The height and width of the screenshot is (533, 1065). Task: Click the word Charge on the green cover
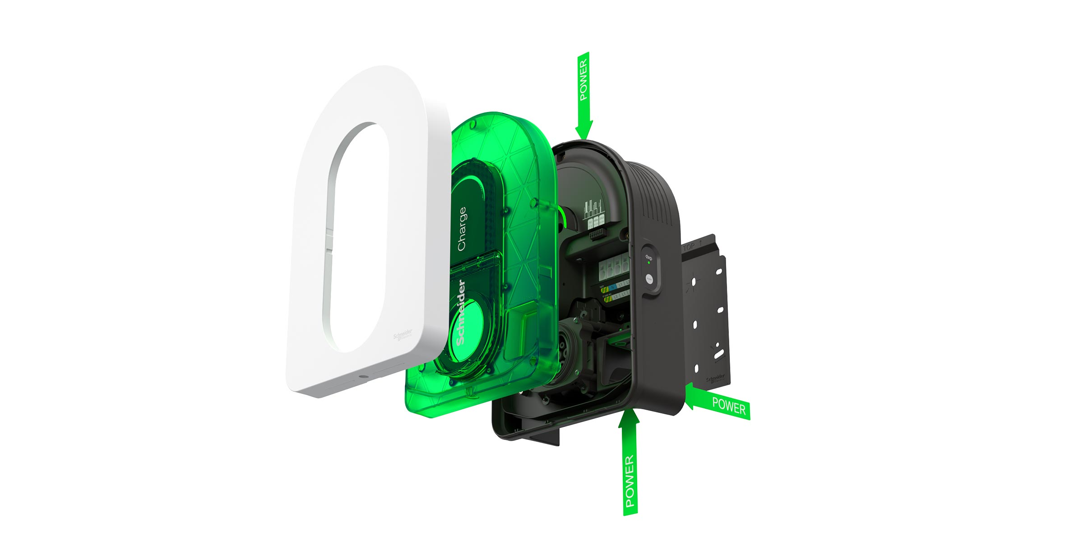[x=462, y=229]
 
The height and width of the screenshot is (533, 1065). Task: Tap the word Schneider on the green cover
[x=461, y=313]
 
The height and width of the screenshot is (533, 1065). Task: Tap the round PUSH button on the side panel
[x=649, y=280]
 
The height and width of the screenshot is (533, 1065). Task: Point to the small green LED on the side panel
[x=648, y=262]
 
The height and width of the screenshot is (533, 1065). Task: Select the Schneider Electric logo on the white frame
[x=403, y=335]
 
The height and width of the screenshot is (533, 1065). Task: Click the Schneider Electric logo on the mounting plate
[x=715, y=379]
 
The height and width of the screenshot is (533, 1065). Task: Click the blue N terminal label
[x=613, y=287]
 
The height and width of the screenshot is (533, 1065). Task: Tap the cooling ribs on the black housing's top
[x=654, y=190]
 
